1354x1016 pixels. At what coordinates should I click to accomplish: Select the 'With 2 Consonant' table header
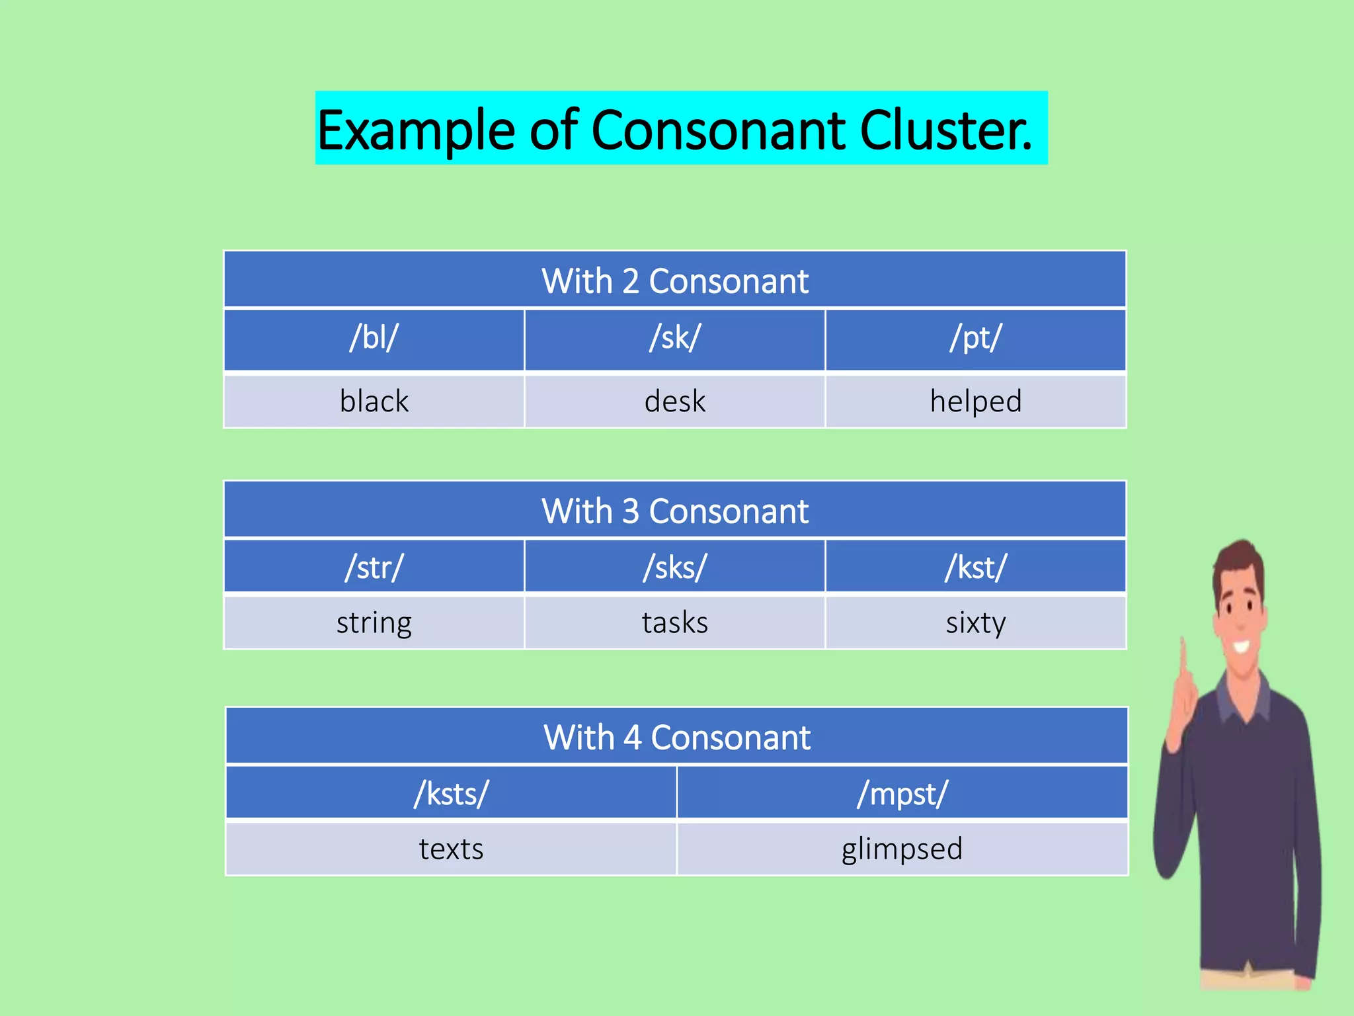[675, 280]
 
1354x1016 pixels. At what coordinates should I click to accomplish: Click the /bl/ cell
[374, 338]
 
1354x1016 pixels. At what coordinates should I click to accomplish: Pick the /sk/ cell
[675, 338]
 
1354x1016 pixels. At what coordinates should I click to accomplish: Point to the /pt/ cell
[976, 338]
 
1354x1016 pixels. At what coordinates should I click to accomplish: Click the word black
[374, 402]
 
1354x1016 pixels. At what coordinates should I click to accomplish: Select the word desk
[675, 402]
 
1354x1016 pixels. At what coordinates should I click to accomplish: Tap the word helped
[976, 402]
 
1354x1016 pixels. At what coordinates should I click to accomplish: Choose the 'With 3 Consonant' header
[675, 511]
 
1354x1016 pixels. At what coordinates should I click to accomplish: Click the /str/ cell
[374, 568]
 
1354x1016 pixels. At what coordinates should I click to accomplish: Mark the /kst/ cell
[976, 568]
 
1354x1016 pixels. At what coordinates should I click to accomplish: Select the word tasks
[675, 623]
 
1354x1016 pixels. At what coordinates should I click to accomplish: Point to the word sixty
[976, 623]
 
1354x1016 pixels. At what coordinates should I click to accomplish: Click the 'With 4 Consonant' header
[677, 737]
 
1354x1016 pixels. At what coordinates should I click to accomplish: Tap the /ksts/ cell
[452, 794]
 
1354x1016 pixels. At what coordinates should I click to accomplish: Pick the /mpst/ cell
[902, 794]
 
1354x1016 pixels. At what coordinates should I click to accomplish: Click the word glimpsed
[902, 849]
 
